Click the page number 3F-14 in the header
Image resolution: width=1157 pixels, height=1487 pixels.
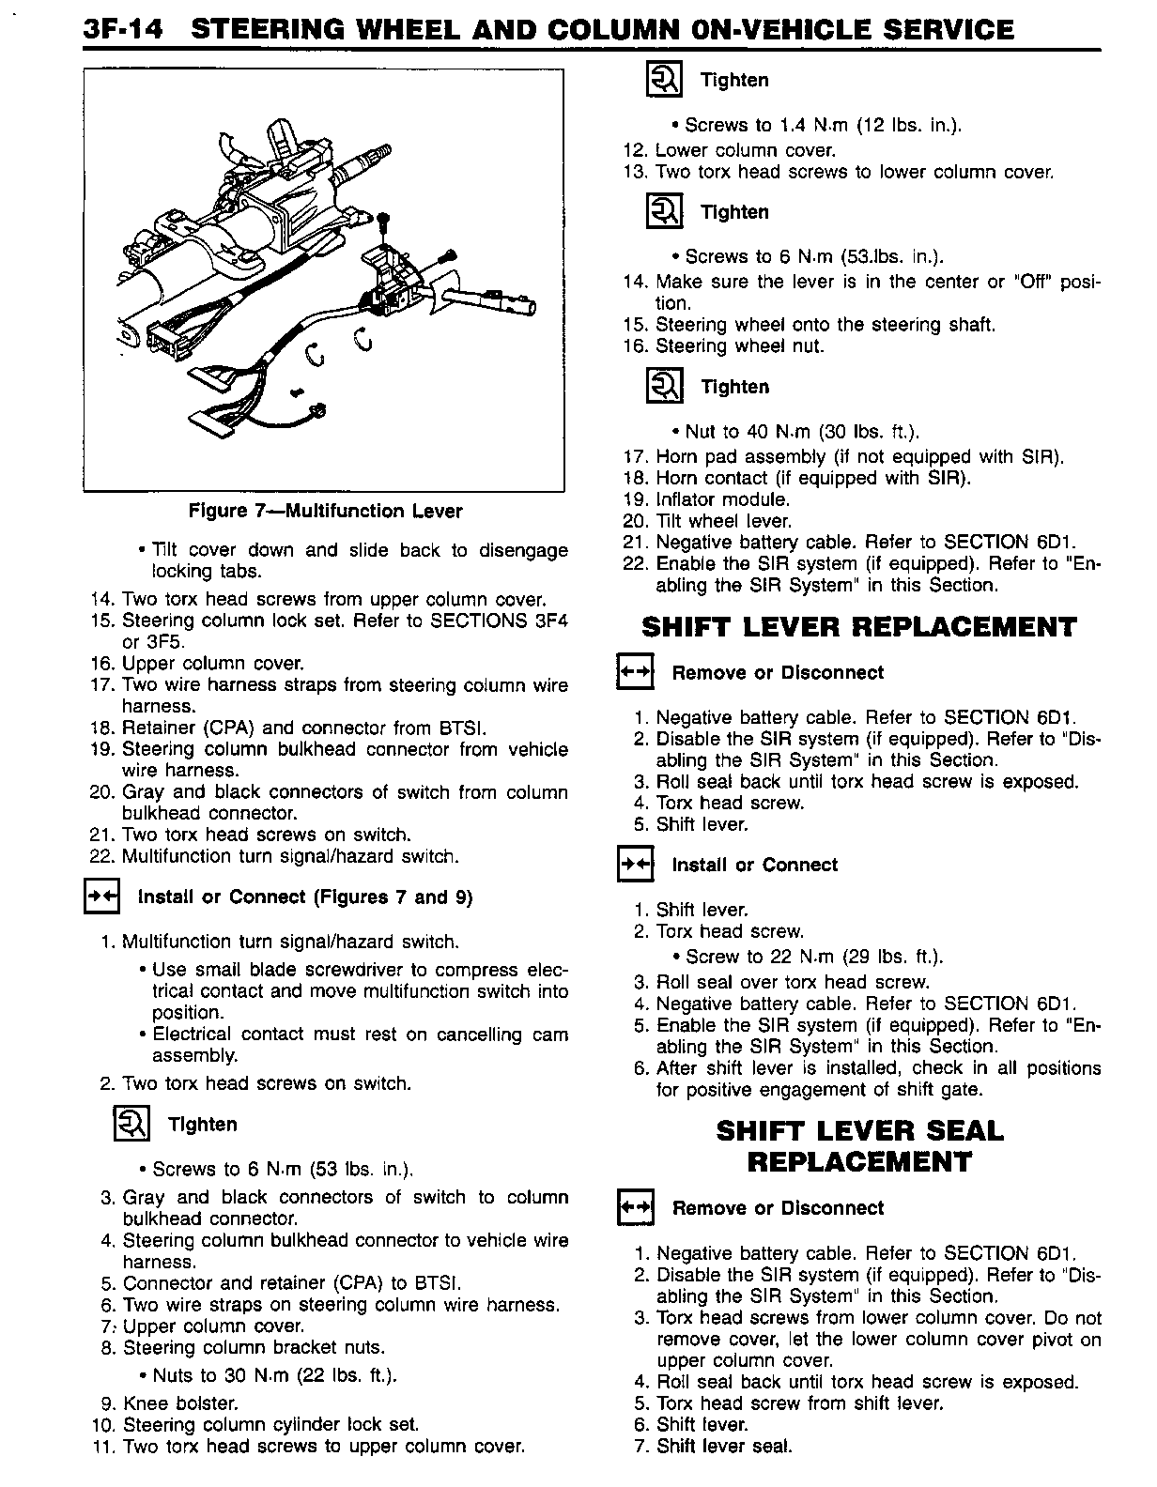tap(123, 29)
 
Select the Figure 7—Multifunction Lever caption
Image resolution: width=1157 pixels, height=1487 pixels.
tap(325, 512)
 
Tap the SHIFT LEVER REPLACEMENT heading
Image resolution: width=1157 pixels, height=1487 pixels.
tap(858, 627)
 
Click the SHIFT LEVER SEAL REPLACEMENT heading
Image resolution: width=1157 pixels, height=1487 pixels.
tap(858, 1146)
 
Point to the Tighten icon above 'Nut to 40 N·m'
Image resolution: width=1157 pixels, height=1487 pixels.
tap(665, 386)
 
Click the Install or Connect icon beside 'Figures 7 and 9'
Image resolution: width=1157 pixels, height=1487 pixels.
tap(100, 897)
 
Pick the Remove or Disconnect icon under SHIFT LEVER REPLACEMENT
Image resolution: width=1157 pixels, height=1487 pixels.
tap(634, 673)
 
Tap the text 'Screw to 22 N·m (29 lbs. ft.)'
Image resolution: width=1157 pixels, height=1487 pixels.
tap(813, 957)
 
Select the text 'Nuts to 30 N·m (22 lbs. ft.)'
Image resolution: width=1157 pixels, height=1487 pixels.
tap(273, 1376)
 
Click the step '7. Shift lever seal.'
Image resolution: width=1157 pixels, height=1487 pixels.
tap(713, 1446)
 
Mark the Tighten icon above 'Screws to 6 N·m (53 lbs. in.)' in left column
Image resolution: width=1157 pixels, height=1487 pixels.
tap(131, 1124)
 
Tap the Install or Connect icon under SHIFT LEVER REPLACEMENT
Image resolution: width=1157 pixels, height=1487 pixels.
tap(634, 865)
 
